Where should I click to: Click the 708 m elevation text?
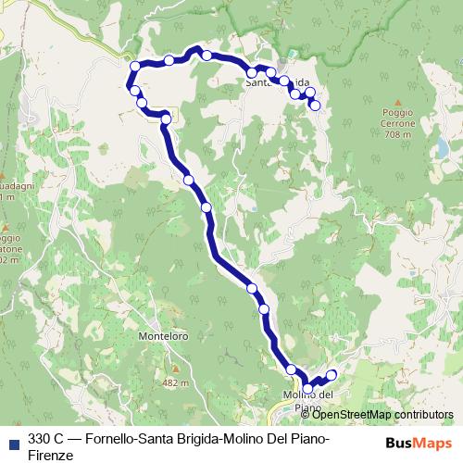pyautogui.click(x=397, y=135)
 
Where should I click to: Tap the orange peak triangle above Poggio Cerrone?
pyautogui.click(x=397, y=102)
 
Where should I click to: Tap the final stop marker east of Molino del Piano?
pyautogui.click(x=331, y=374)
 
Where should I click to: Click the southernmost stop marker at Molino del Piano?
pyautogui.click(x=307, y=390)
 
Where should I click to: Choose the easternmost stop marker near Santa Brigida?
pyautogui.click(x=315, y=106)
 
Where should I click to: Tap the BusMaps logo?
pyautogui.click(x=418, y=441)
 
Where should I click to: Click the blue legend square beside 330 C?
pyautogui.click(x=12, y=442)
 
